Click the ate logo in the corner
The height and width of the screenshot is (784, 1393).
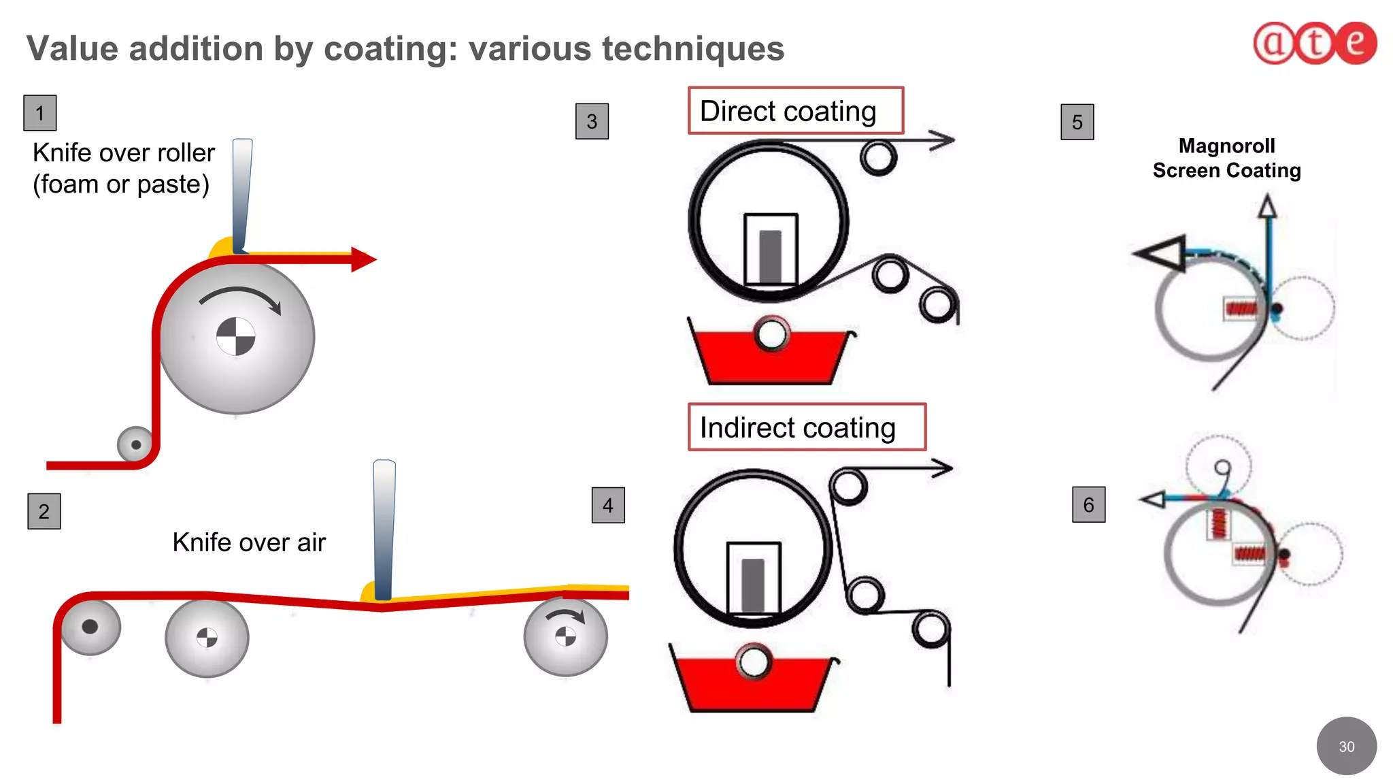click(1314, 43)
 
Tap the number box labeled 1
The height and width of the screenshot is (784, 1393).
click(40, 113)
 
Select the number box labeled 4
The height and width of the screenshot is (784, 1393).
click(608, 505)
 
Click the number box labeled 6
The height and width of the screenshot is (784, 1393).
click(1088, 504)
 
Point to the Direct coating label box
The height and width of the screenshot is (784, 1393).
click(795, 111)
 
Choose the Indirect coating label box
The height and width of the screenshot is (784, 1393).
click(807, 427)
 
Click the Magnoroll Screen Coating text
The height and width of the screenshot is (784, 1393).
click(1226, 158)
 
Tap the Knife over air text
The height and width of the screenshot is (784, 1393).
click(249, 542)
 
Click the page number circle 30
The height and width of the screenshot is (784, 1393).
click(1346, 746)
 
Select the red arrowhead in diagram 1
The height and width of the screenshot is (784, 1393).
click(363, 259)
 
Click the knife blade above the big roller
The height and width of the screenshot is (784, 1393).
click(241, 194)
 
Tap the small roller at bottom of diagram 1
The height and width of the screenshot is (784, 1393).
click(135, 444)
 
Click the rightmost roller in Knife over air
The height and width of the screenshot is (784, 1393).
click(565, 637)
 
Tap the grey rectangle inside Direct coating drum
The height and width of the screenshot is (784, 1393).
click(770, 256)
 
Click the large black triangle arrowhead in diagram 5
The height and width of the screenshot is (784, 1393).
click(1164, 253)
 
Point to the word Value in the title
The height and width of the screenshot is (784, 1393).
click(73, 49)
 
